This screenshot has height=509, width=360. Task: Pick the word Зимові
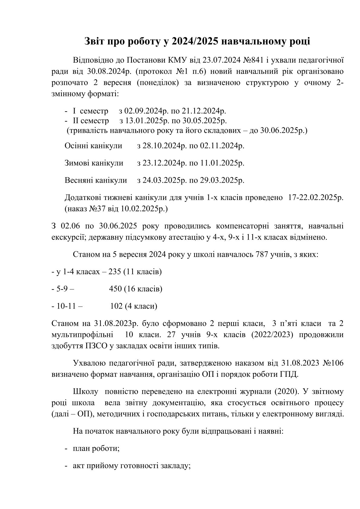pyautogui.click(x=77, y=163)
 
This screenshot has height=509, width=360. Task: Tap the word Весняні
pyautogui.click(x=79, y=180)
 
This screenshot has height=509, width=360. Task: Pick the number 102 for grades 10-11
pyautogui.click(x=116, y=306)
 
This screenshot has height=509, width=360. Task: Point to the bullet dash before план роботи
pyautogui.click(x=66, y=449)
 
